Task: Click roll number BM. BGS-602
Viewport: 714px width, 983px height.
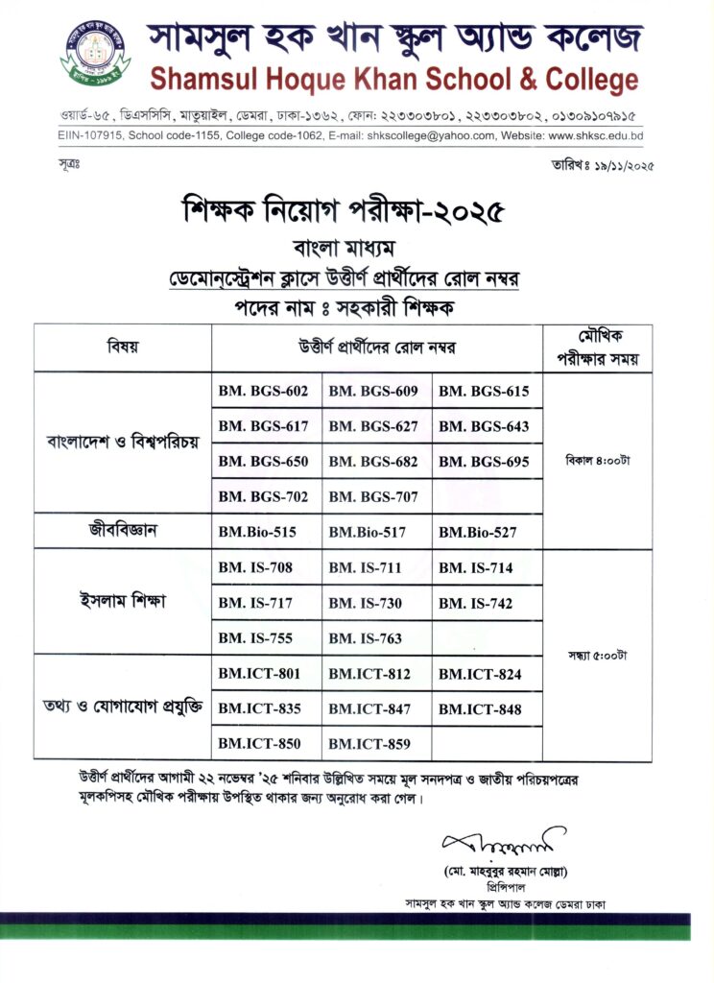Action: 263,391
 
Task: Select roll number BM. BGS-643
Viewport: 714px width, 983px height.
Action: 484,426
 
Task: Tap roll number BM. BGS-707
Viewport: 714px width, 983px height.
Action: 373,496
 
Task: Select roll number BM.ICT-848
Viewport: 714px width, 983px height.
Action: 480,709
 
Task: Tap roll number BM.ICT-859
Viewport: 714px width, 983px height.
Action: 369,743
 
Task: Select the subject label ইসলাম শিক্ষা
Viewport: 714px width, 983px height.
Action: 123,603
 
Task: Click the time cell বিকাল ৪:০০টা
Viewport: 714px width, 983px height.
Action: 597,460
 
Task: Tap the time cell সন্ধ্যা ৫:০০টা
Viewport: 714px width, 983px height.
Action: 597,656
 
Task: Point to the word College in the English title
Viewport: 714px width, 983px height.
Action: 584,79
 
